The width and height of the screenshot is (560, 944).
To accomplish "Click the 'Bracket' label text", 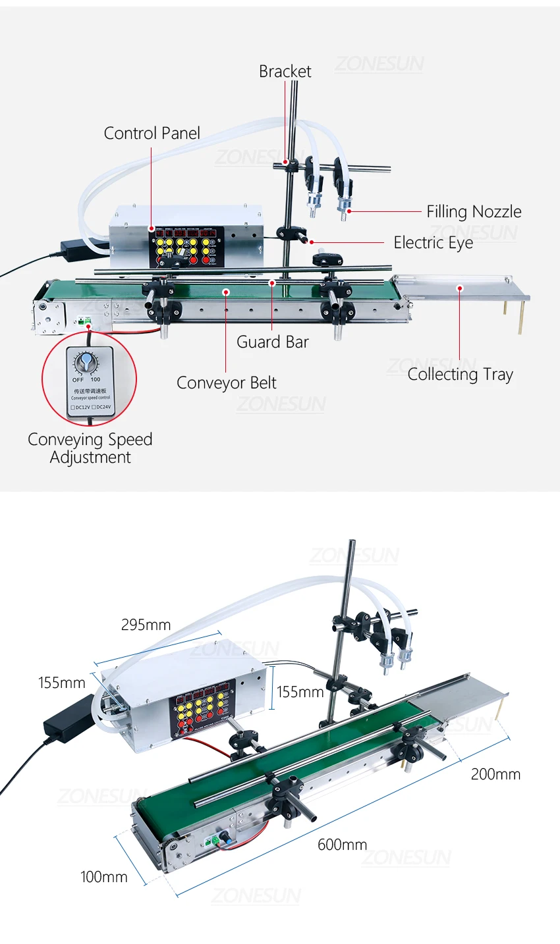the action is (285, 71).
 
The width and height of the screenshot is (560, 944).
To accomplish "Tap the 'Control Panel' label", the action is (152, 133).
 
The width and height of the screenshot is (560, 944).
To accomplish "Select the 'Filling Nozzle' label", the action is (474, 211).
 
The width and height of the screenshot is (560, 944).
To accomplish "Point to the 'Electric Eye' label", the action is (433, 242).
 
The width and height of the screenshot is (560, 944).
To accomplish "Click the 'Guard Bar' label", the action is (272, 342).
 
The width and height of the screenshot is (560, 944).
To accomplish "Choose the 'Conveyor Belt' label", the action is (226, 382).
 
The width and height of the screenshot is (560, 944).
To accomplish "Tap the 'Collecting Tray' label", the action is (460, 374).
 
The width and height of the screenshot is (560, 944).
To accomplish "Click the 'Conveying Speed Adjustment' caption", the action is (90, 448).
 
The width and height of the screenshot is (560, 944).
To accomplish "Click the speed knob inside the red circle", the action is (86, 361).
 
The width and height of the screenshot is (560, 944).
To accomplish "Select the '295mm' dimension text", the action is (146, 625).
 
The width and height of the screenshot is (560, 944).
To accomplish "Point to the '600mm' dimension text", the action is (342, 845).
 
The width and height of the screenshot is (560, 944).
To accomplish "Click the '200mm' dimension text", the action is (495, 774).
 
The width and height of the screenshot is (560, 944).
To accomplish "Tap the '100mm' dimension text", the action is (104, 877).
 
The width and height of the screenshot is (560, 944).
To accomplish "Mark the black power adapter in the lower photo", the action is (69, 718).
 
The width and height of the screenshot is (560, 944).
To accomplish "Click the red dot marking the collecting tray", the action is (461, 288).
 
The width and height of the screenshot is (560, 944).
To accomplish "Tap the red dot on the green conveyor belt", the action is (226, 291).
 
